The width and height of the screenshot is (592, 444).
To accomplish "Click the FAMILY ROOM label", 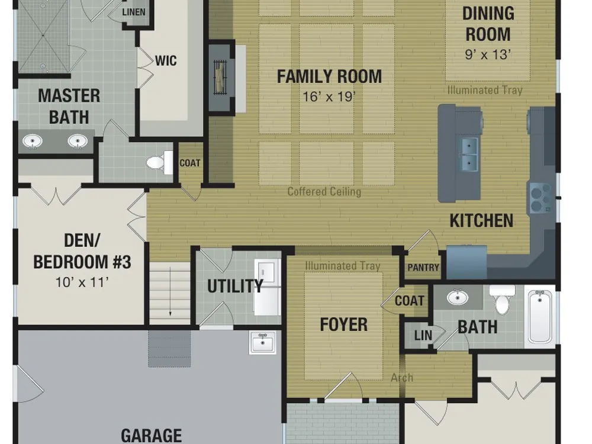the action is [x=329, y=76].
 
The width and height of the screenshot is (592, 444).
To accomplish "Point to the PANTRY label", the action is [x=423, y=268].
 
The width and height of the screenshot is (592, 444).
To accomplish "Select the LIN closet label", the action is [x=423, y=335].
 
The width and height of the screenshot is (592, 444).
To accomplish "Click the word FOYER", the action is [x=343, y=324].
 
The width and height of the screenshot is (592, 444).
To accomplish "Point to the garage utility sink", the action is [x=262, y=342].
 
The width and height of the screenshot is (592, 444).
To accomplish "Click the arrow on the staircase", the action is [x=170, y=291].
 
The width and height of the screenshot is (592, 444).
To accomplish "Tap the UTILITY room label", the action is [x=235, y=286].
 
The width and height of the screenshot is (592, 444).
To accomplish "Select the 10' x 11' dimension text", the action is [x=82, y=282].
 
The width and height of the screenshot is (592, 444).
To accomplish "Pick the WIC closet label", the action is [x=166, y=61].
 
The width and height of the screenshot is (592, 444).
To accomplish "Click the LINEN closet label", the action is [x=134, y=12].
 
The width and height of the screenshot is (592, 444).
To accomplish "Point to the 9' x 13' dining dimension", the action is [x=488, y=55].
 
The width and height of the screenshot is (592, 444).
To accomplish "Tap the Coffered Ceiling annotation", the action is [x=324, y=191].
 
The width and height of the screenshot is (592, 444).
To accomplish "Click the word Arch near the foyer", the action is [x=402, y=378].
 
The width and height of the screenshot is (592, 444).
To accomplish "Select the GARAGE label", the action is [x=151, y=436].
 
